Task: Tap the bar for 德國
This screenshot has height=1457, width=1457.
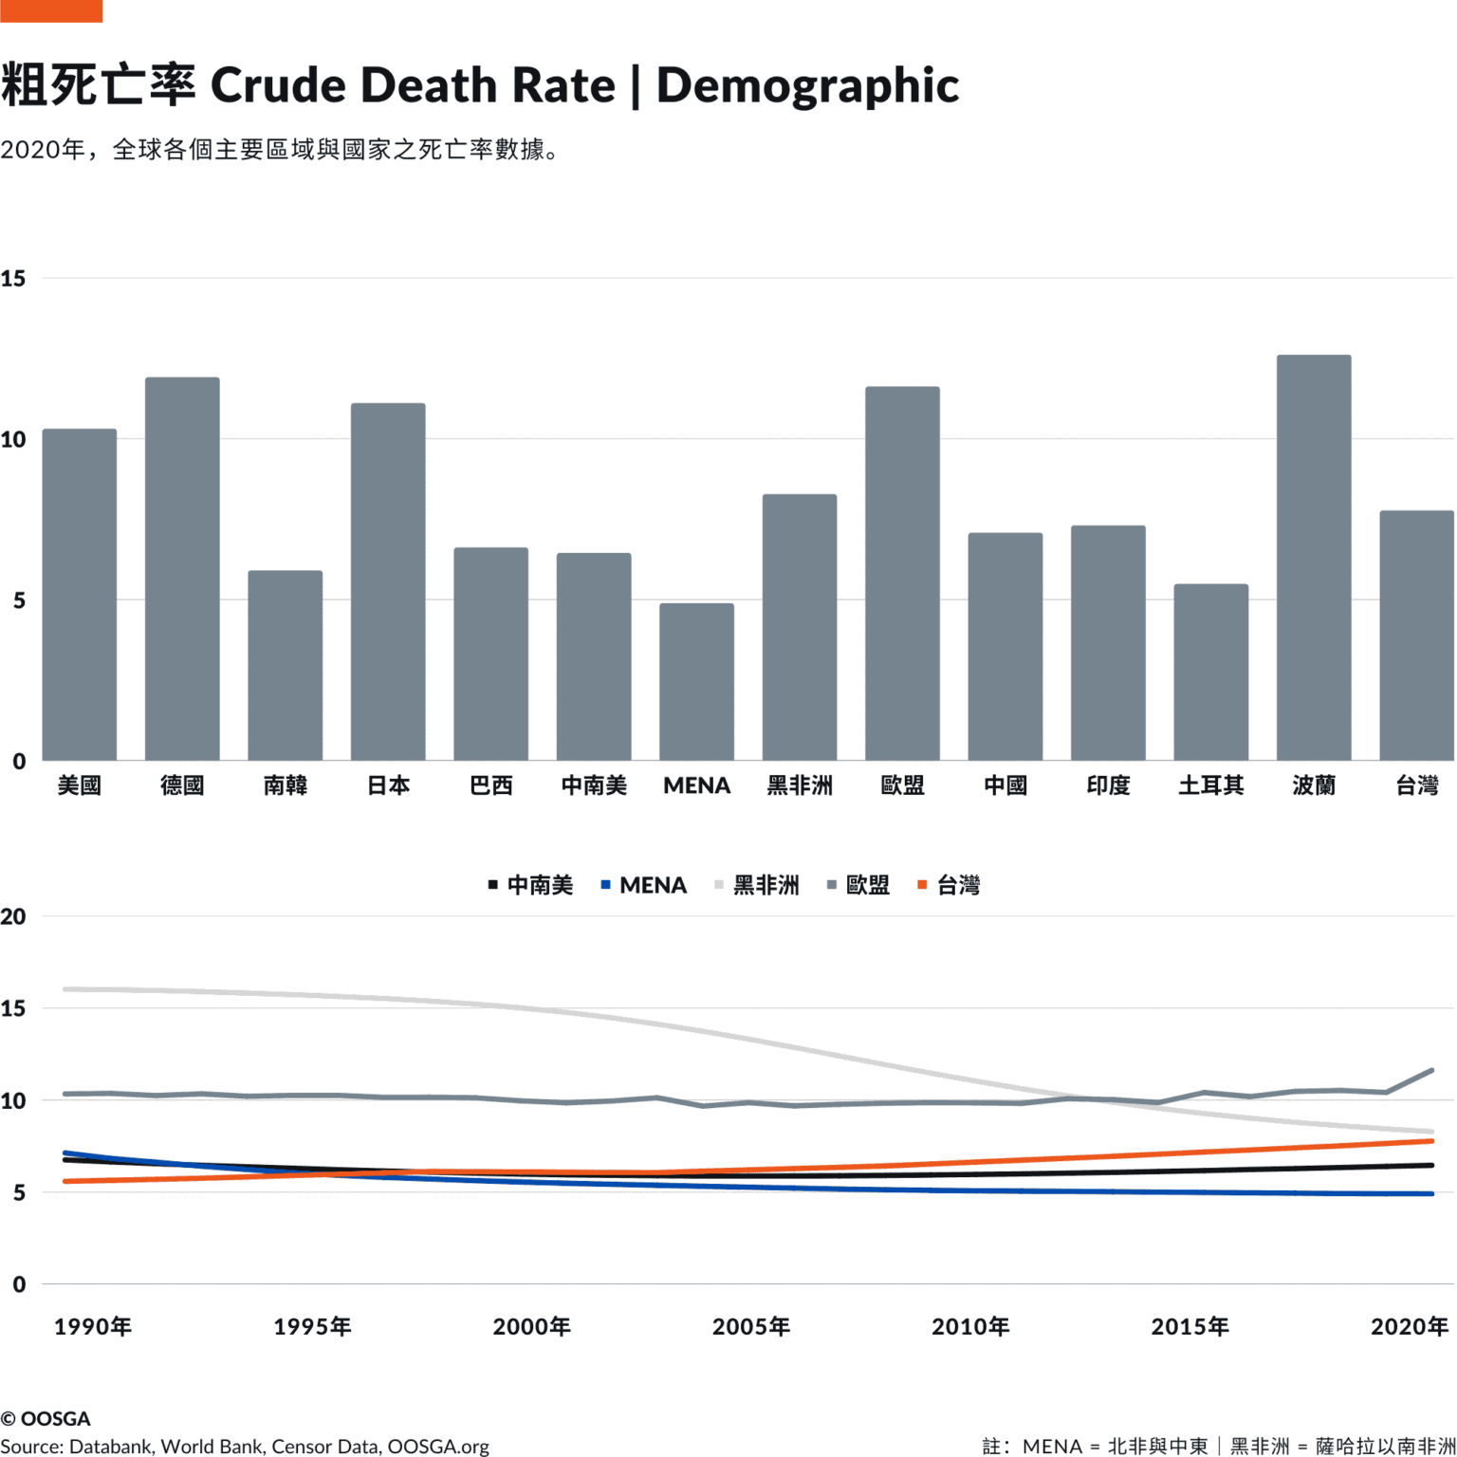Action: (x=182, y=569)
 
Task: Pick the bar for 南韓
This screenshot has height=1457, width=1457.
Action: (x=285, y=665)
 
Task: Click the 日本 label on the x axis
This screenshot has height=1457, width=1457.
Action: (x=388, y=785)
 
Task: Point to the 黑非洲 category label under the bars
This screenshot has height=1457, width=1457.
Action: (x=799, y=785)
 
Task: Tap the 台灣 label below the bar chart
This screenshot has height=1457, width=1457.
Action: (x=1416, y=785)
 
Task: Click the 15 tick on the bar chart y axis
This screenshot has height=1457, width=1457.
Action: (x=13, y=279)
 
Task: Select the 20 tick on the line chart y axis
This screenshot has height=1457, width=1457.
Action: (x=13, y=916)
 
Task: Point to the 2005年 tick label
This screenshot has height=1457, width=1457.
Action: (x=751, y=1326)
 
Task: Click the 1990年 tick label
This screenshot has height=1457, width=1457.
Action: (x=93, y=1326)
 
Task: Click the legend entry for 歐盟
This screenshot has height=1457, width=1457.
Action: (x=858, y=885)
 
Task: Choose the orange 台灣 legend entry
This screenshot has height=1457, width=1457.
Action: (x=949, y=885)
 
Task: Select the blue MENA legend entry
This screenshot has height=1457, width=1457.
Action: (x=644, y=885)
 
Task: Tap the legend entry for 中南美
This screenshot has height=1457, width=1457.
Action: (x=531, y=885)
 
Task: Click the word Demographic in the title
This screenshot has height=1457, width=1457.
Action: (x=807, y=85)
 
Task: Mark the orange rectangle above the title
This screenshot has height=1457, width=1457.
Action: (x=50, y=10)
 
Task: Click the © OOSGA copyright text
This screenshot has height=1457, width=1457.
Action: (x=46, y=1418)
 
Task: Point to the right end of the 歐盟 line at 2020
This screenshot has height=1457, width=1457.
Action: (x=1430, y=1071)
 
